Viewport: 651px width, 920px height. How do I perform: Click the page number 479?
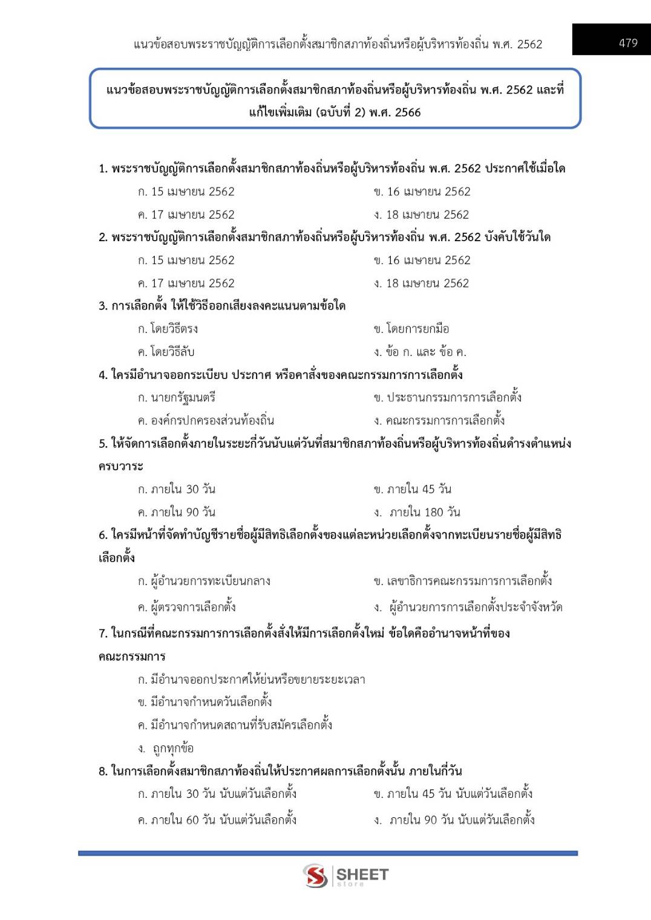pos(628,43)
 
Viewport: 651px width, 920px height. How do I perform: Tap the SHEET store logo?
pos(345,875)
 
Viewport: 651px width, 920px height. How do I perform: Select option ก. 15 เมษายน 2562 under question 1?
pos(186,192)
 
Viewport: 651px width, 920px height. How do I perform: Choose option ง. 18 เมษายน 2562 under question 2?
pos(421,283)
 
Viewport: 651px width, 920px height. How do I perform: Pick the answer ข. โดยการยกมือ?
pos(411,329)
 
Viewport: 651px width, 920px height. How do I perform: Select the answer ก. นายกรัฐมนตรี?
pos(176,398)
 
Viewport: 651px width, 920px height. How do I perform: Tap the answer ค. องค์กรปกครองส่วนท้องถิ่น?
pos(206,420)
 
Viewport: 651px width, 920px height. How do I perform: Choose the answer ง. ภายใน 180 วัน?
pos(417,513)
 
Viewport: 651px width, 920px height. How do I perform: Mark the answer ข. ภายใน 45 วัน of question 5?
pos(413,489)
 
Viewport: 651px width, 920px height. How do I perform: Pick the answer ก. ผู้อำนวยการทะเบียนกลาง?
pos(204,581)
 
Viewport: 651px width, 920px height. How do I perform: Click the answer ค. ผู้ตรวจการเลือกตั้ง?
pos(186,607)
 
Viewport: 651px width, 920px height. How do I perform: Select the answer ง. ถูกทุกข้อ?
pos(166,748)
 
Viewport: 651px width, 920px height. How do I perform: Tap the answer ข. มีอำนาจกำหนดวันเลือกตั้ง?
pos(204,702)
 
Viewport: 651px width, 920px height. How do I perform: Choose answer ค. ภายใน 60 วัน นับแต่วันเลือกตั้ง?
pos(217,820)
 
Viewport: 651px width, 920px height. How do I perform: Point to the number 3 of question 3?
pos(102,306)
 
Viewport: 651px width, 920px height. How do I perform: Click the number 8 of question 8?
pos(102,771)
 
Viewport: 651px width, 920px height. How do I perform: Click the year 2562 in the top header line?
pos(529,44)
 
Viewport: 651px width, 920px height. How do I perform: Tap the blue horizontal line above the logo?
pos(327,853)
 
